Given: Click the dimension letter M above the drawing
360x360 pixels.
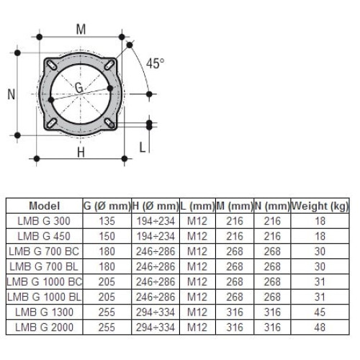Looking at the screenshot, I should tap(81, 30).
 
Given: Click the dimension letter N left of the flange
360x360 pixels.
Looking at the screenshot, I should tap(11, 93).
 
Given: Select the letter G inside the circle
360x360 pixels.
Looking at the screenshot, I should tap(78, 87).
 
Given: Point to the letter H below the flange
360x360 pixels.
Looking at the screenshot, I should tap(81, 152).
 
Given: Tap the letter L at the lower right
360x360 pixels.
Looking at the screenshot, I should tap(143, 148).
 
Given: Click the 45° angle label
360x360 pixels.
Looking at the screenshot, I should tap(155, 63).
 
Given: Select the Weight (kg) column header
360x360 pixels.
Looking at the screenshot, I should tap(321, 205).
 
